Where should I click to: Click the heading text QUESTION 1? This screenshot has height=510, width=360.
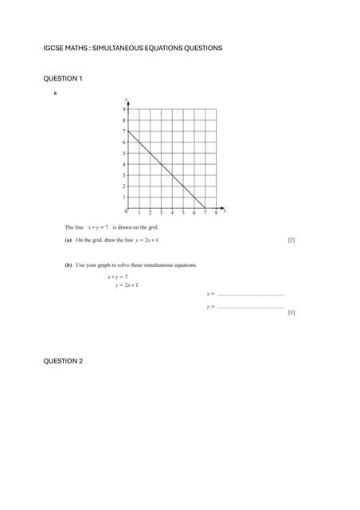62,78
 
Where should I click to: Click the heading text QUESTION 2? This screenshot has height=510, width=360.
62,361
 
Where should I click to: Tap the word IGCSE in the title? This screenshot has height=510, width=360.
53,49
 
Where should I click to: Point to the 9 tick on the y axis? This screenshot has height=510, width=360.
125,108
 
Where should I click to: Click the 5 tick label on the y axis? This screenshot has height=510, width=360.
125,152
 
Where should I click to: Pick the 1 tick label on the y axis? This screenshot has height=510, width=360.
125,196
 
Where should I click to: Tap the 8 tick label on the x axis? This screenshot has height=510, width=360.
216,213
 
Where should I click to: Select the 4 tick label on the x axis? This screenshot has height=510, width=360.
172,213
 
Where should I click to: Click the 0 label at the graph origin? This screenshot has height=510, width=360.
126,212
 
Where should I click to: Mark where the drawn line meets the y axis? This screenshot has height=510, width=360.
129,130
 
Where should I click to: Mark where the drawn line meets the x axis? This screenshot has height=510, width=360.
205,206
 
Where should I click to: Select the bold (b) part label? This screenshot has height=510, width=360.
68,265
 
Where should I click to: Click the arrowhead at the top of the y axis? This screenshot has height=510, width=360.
129,100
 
